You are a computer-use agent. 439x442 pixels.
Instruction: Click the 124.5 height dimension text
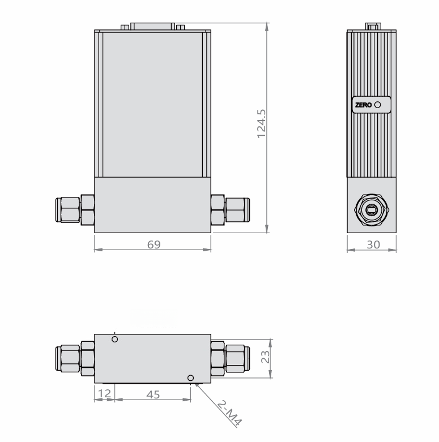(x=261, y=124)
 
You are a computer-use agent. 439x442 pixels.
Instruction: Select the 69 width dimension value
(x=154, y=244)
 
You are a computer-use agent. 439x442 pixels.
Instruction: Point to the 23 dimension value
(x=264, y=358)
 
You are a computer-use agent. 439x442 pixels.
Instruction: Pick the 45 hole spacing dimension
(x=153, y=395)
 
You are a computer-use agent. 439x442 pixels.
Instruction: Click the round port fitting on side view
(x=372, y=210)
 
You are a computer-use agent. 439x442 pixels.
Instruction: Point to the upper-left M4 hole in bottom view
(x=115, y=339)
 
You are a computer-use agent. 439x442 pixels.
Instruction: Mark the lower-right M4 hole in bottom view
(x=190, y=377)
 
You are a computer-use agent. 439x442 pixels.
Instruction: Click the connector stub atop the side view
(x=372, y=26)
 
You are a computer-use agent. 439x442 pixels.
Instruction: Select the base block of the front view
(x=152, y=205)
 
